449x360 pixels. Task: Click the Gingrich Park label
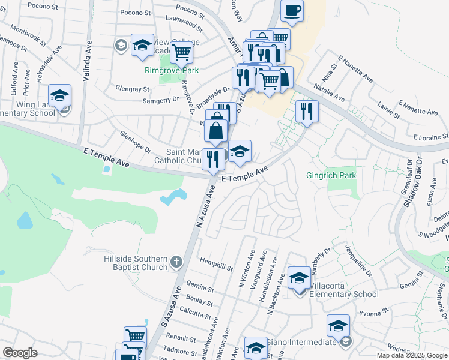[331, 176]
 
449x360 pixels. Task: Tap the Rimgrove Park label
[172, 70]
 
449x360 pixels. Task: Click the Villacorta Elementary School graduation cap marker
[299, 278]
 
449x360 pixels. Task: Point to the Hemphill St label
[216, 265]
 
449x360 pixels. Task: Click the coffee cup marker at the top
[292, 11]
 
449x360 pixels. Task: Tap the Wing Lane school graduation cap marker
[60, 95]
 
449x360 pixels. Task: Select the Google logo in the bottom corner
[20, 353]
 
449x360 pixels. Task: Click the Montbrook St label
[28, 37]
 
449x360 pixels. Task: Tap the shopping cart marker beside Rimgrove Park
[181, 52]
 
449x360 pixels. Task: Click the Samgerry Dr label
[158, 101]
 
